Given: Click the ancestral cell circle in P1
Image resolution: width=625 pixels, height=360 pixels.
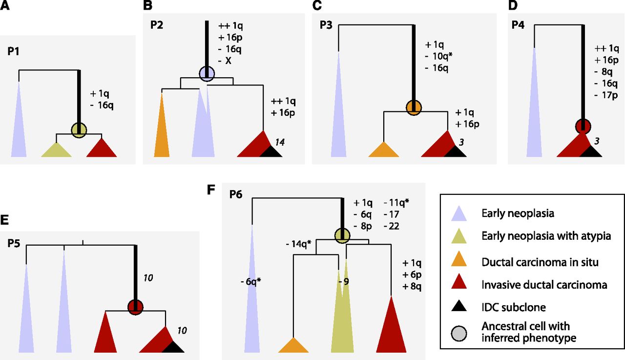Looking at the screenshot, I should click(79, 130).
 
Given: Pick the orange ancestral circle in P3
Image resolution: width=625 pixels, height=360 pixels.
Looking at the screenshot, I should click(414, 107).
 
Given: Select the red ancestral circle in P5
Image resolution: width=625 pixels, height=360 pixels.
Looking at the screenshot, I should click(135, 307).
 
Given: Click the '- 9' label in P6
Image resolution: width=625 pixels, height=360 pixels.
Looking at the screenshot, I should click(344, 281).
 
